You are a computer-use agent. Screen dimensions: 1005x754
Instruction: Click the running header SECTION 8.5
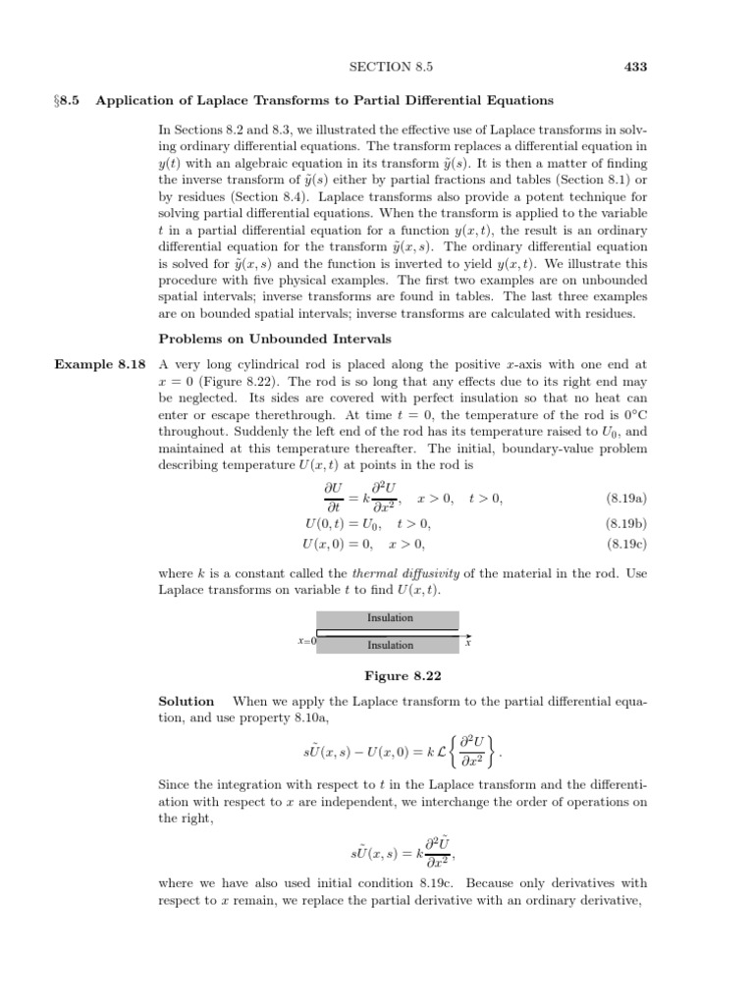tap(391, 66)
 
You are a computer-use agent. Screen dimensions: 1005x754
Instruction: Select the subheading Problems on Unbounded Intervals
tap(275, 339)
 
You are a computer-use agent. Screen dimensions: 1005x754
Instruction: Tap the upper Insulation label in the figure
tap(390, 618)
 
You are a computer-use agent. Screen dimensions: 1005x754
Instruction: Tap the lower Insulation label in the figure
tap(390, 645)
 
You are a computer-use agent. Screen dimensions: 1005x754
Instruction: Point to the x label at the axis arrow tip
tap(468, 643)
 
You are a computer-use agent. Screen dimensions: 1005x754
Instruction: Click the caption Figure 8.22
tap(390, 676)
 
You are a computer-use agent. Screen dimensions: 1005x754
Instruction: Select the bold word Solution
tap(187, 701)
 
